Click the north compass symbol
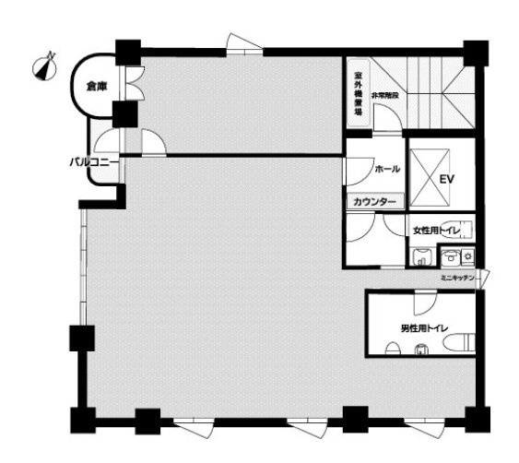click(44, 66)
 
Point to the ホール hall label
click(387, 170)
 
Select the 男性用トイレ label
click(425, 327)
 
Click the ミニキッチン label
click(458, 278)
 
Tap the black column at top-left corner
click(128, 52)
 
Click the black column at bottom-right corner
click(475, 418)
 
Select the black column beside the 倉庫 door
click(124, 114)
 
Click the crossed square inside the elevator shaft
click(425, 175)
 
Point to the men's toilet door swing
click(422, 303)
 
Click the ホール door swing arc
click(358, 171)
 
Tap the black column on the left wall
click(82, 338)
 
